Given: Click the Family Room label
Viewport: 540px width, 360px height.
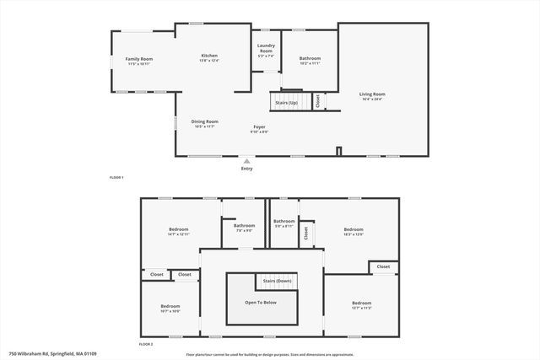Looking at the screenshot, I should pyautogui.click(x=138, y=58).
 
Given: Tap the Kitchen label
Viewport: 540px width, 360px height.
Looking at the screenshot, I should pyautogui.click(x=209, y=55).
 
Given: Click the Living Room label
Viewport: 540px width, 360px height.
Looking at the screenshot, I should pyautogui.click(x=372, y=94).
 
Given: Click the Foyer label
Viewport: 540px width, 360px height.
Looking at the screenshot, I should pyautogui.click(x=259, y=126).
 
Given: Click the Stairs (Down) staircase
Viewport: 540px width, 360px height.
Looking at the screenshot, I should pyautogui.click(x=277, y=281).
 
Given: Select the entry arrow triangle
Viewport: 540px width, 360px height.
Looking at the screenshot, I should pyautogui.click(x=246, y=160).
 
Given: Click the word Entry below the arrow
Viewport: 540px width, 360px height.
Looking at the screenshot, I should pyautogui.click(x=246, y=169).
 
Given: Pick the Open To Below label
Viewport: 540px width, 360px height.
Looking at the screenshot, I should pyautogui.click(x=261, y=301).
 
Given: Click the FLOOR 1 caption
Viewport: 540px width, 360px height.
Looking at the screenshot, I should pyautogui.click(x=116, y=178).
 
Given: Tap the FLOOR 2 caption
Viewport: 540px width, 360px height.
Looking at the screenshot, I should pyautogui.click(x=146, y=345).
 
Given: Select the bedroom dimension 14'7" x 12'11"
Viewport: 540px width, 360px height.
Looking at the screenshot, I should pyautogui.click(x=178, y=234).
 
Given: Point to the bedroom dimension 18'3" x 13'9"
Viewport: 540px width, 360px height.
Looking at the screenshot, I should pyautogui.click(x=353, y=234).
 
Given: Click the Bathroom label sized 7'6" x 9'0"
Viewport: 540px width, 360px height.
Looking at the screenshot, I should pyautogui.click(x=245, y=225).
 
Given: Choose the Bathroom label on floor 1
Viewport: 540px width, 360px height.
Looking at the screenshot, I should pyautogui.click(x=310, y=58).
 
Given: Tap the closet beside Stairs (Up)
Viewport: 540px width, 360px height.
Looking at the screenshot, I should pyautogui.click(x=317, y=100).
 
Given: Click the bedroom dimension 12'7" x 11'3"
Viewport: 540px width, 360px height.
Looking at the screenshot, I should pyautogui.click(x=361, y=307).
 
